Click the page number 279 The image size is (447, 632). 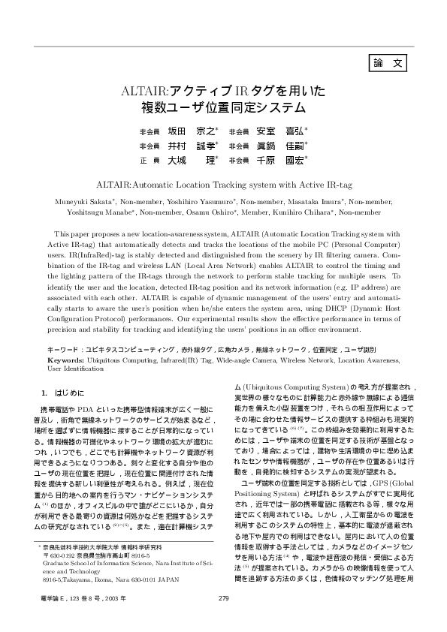click(x=223, y=597)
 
